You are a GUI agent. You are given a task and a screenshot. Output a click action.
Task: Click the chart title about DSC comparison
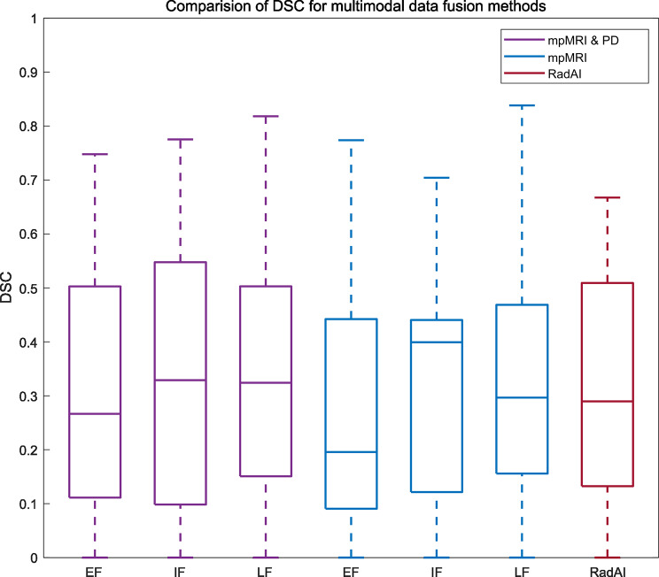click(355, 6)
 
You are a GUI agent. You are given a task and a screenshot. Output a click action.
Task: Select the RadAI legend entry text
click(564, 74)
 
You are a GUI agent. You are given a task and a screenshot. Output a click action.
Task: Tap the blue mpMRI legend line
click(523, 57)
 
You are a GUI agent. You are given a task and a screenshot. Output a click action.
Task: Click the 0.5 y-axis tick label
click(27, 288)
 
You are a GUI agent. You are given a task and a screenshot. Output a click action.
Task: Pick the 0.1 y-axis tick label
click(27, 504)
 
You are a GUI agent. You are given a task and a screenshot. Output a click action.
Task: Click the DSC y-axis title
click(6, 288)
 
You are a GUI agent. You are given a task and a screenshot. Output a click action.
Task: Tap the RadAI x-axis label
click(608, 572)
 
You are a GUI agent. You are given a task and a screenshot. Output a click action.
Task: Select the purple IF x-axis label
click(180, 572)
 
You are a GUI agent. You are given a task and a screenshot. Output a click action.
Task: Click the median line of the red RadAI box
click(608, 402)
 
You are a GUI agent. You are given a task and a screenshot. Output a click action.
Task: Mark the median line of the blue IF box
click(437, 342)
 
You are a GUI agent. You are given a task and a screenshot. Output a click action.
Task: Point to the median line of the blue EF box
click(351, 452)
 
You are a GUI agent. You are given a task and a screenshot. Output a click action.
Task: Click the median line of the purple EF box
click(95, 413)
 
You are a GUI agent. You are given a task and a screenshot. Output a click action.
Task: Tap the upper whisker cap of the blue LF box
click(522, 105)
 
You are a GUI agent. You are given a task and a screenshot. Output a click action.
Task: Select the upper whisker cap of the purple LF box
click(266, 116)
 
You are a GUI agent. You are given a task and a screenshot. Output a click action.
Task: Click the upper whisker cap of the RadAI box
click(608, 197)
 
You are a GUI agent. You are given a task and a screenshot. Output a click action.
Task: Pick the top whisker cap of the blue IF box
click(437, 178)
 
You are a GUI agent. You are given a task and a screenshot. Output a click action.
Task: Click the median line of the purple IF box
click(181, 380)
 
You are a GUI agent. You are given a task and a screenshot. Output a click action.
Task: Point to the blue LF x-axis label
click(522, 572)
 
